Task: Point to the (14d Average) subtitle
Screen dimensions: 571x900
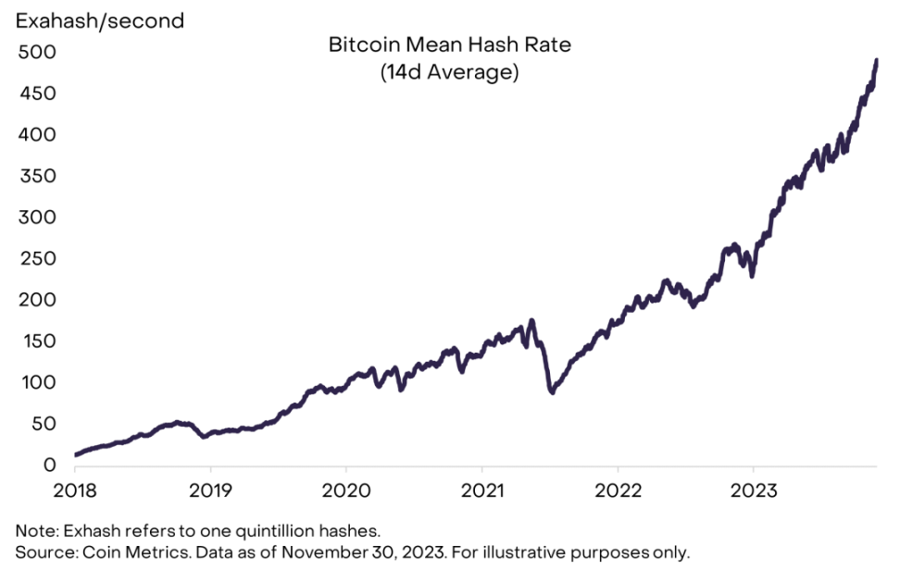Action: pos(448,73)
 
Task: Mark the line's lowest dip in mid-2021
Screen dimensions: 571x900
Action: pos(552,392)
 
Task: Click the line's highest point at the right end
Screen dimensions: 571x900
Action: pos(876,60)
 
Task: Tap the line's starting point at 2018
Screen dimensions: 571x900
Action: pos(75,455)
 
